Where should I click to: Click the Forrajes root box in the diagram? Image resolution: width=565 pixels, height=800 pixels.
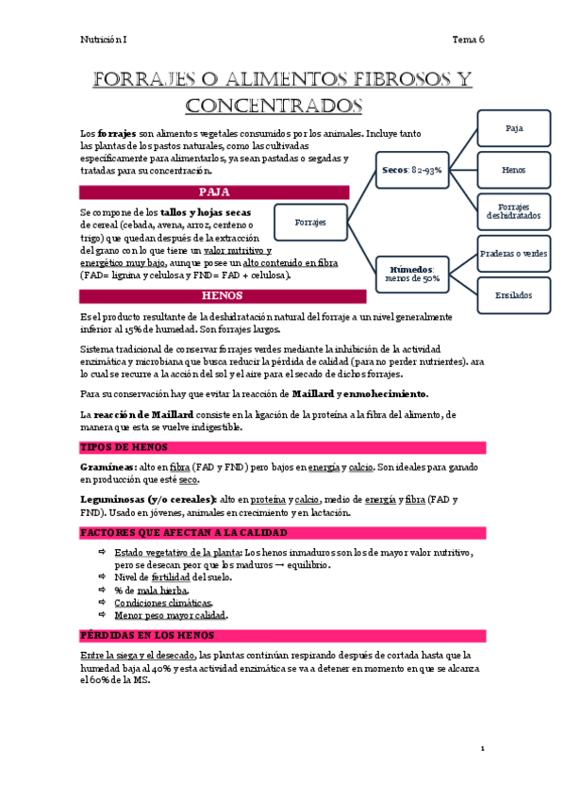309,223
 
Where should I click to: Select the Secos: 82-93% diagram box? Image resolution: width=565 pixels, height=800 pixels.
413,170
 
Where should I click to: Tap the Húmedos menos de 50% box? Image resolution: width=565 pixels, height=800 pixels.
413,274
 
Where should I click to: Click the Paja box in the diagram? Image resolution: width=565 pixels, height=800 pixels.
514,127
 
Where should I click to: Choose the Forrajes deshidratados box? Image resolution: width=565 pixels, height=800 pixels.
514,211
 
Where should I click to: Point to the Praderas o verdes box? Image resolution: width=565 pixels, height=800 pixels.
514,254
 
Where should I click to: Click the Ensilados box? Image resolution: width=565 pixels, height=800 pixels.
514,295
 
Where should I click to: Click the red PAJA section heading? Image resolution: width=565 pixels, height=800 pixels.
215,192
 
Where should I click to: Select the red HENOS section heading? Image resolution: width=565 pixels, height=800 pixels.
215,296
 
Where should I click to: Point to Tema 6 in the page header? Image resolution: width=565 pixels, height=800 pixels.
468,40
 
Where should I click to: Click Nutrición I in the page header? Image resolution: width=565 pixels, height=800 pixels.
102,40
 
